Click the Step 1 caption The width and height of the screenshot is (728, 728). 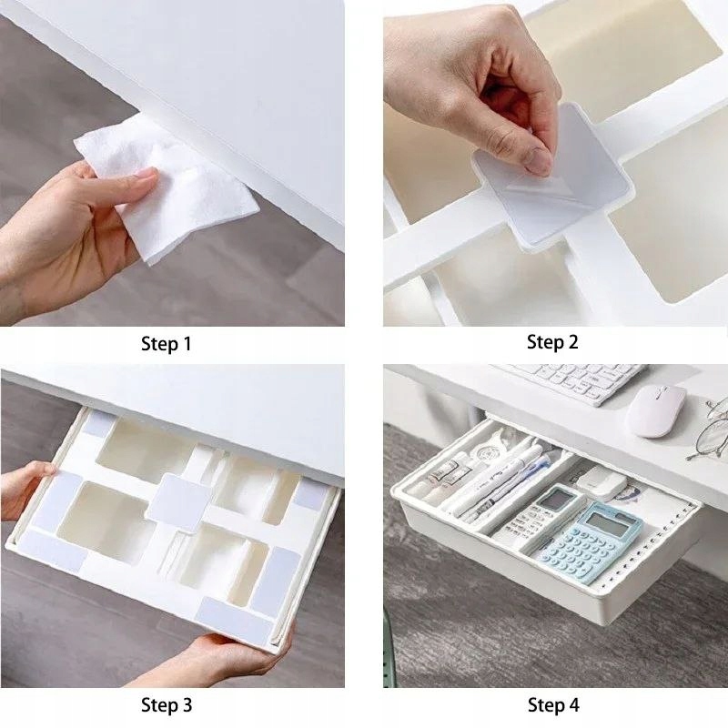pyautogui.click(x=167, y=344)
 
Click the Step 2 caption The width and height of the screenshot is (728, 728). pyautogui.click(x=552, y=342)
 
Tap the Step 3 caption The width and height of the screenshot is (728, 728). pyautogui.click(x=167, y=704)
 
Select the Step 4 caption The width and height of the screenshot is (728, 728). pyautogui.click(x=553, y=704)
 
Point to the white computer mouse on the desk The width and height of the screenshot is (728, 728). pyautogui.click(x=655, y=410)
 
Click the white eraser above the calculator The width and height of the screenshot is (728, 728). pyautogui.click(x=602, y=480)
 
